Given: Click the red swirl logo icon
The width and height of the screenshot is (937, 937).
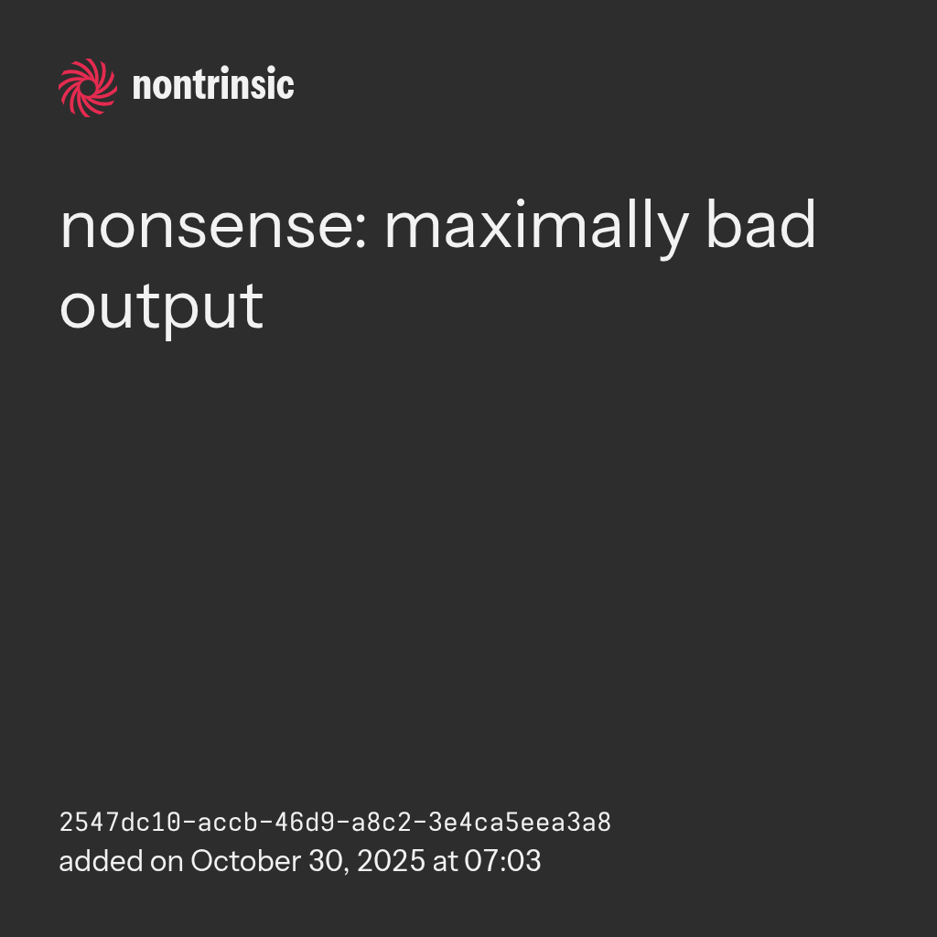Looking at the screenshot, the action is click(x=88, y=87).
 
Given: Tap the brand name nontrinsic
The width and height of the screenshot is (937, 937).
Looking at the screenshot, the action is click(x=213, y=84).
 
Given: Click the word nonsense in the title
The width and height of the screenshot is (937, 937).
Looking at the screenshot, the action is click(x=209, y=227).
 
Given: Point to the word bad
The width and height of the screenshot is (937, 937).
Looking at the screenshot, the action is click(x=760, y=223).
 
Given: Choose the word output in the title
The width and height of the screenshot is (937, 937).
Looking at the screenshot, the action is click(x=161, y=308).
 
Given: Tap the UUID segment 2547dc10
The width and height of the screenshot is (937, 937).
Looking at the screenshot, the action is click(x=120, y=823).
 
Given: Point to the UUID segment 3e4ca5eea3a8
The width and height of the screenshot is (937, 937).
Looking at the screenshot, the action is click(x=520, y=823).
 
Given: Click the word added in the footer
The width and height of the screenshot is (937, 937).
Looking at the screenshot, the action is click(x=101, y=861).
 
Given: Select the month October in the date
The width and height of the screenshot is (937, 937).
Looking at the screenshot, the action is click(x=245, y=861).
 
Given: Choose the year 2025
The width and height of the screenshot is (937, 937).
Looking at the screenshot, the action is click(x=391, y=861).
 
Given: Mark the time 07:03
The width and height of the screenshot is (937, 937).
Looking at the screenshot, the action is click(x=502, y=861).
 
